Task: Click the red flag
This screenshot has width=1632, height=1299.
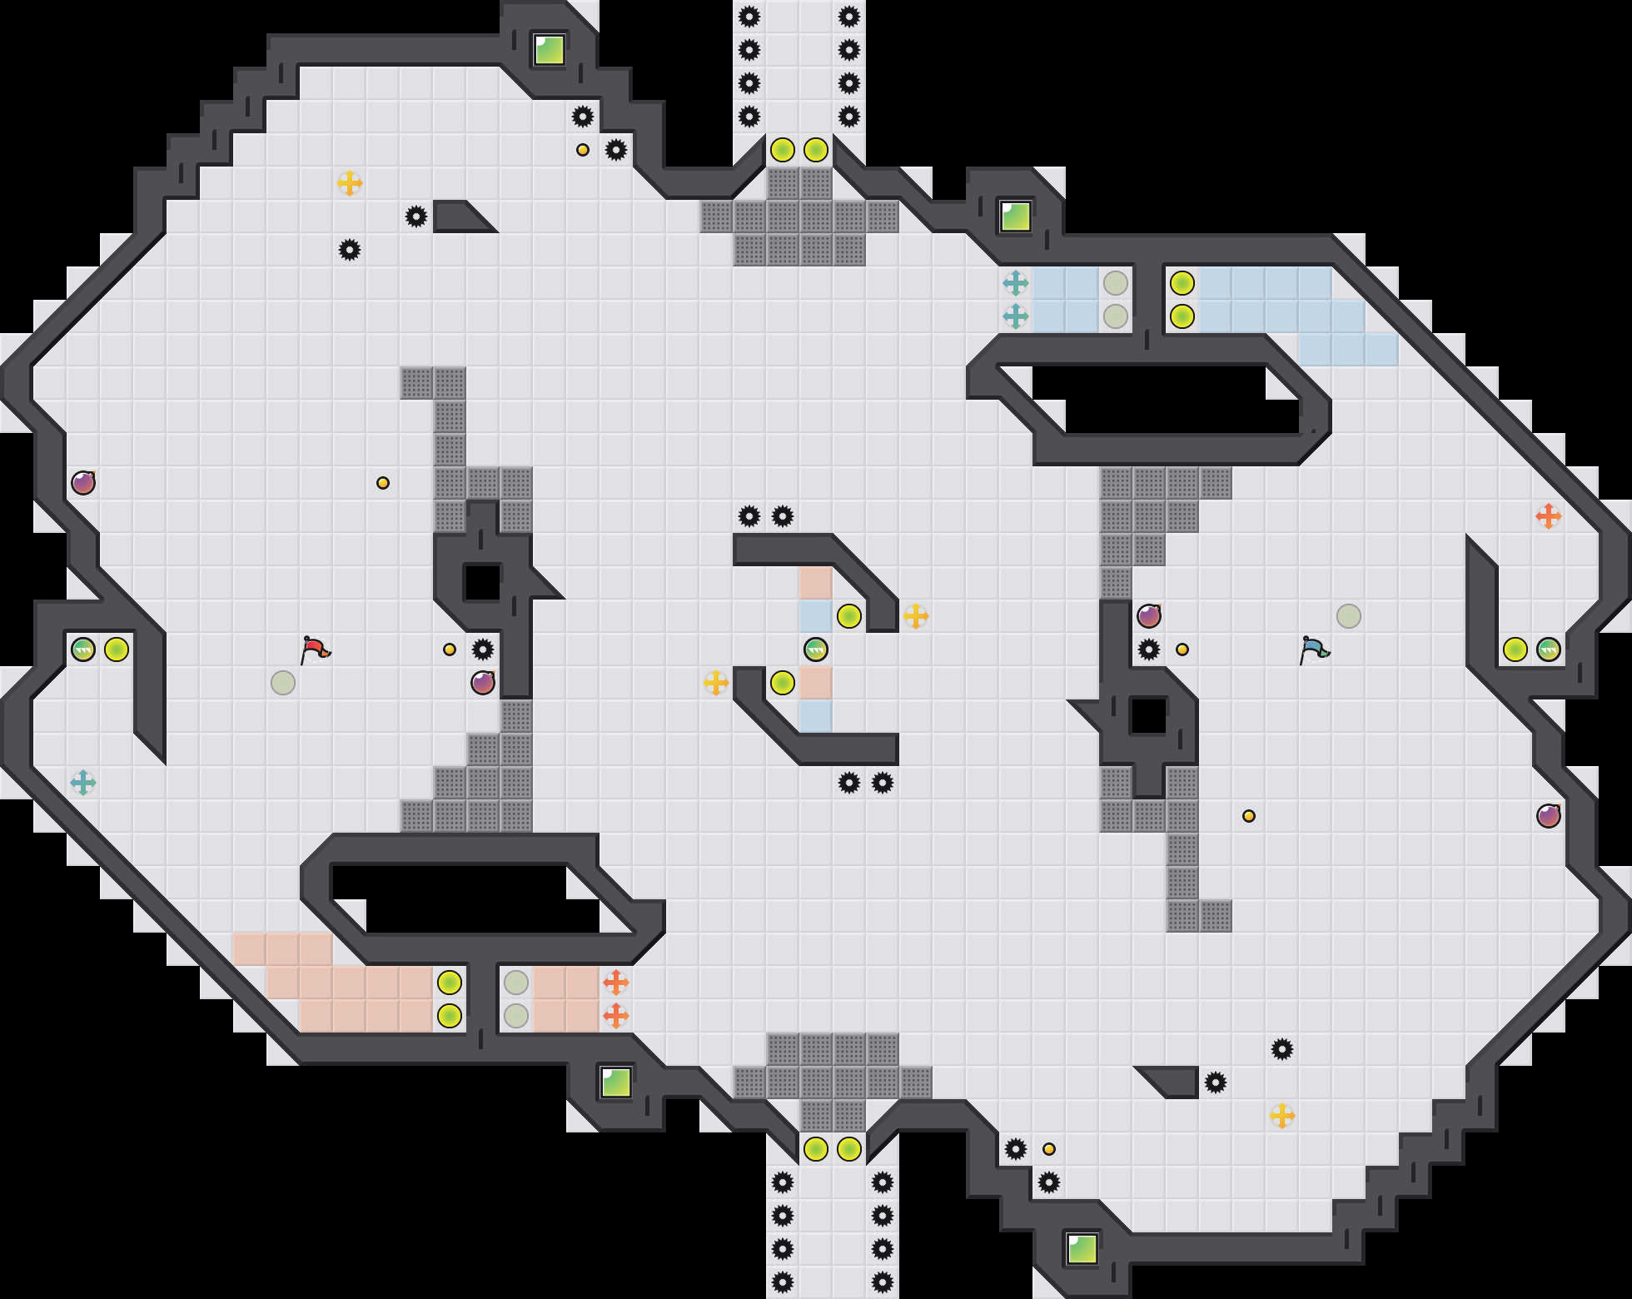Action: tap(315, 649)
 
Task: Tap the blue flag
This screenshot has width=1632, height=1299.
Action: tap(1314, 649)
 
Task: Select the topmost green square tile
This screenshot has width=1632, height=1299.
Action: tap(550, 50)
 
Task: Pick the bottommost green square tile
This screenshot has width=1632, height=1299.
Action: tap(1082, 1249)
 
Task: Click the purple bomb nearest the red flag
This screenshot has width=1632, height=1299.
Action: tap(483, 683)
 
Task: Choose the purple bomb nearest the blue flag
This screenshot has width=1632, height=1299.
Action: tap(1149, 616)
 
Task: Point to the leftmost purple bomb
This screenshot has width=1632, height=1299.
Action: tap(83, 483)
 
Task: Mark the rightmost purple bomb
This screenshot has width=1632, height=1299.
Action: tap(1549, 816)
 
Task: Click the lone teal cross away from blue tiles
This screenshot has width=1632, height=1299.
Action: tap(83, 783)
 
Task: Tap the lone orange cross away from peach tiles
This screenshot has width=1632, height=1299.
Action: tap(1549, 516)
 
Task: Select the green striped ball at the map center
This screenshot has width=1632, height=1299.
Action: tap(816, 649)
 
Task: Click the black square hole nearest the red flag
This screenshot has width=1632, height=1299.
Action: tap(483, 583)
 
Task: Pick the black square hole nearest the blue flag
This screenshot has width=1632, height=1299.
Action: tap(1149, 716)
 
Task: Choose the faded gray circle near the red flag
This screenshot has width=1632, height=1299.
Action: tap(283, 683)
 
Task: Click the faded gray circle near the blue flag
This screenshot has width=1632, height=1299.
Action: tap(1349, 616)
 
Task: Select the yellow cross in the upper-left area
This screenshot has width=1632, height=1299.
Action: tap(350, 183)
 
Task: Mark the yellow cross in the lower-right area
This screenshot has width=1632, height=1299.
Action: tap(1282, 1116)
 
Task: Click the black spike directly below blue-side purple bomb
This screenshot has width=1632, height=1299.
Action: tap(1149, 649)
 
